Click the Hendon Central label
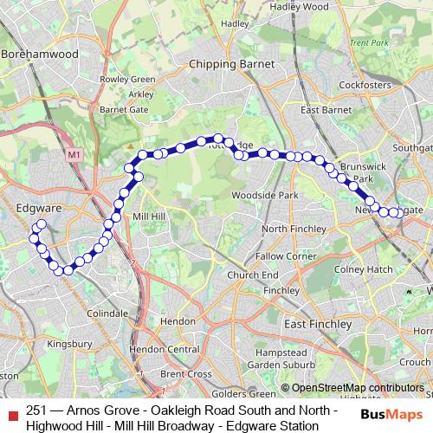click(x=164, y=349)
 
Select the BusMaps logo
click(x=391, y=414)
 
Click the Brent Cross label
click(x=185, y=374)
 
